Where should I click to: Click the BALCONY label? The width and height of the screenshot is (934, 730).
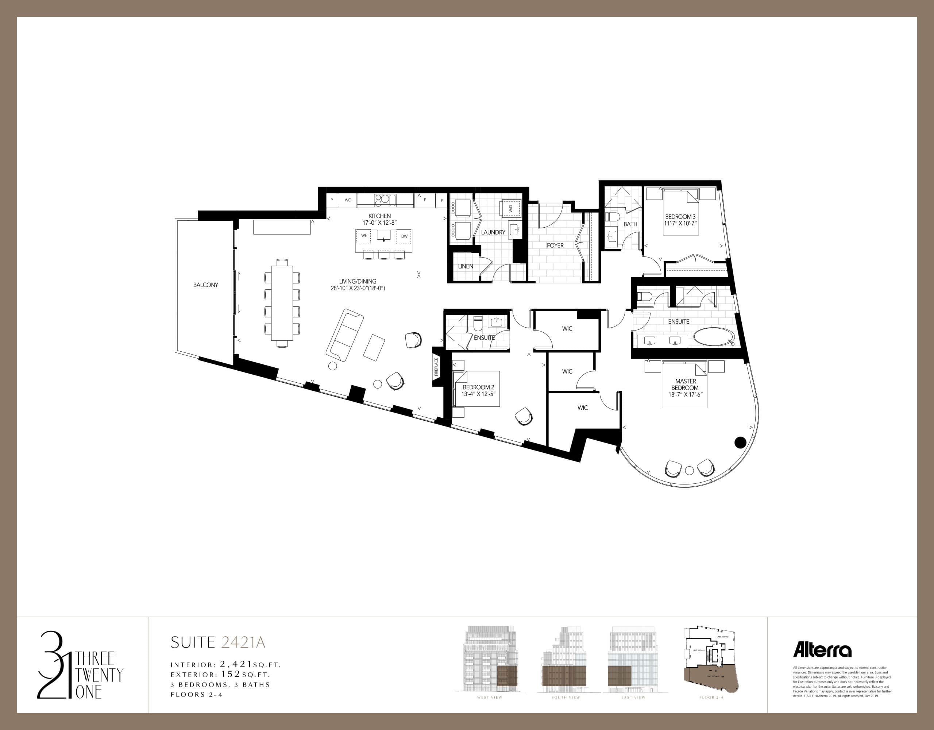[x=205, y=285]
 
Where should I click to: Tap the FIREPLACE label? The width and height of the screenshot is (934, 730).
[x=436, y=367]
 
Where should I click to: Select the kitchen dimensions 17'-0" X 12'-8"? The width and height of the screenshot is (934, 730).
[x=379, y=223]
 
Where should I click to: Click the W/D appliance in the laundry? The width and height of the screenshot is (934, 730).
[x=511, y=209]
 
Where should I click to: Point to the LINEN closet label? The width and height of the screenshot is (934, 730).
[x=465, y=266]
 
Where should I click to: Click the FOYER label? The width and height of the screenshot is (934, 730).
[x=555, y=246]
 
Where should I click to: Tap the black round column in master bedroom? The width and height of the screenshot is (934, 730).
[x=740, y=442]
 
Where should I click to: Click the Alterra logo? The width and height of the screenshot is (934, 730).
[x=822, y=650]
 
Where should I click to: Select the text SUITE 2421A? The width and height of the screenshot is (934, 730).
[x=218, y=642]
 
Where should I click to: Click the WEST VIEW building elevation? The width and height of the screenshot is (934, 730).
[x=490, y=660]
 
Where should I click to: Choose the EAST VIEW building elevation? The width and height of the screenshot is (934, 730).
[x=633, y=660]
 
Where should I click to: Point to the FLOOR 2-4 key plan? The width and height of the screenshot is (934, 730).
[x=710, y=660]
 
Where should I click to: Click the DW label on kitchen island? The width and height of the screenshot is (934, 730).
[x=404, y=236]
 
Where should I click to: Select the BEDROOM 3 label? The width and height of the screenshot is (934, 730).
[x=680, y=217]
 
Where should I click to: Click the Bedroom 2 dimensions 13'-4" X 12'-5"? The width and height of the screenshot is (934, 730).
[x=478, y=394]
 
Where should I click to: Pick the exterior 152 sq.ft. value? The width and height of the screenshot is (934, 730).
[x=231, y=675]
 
